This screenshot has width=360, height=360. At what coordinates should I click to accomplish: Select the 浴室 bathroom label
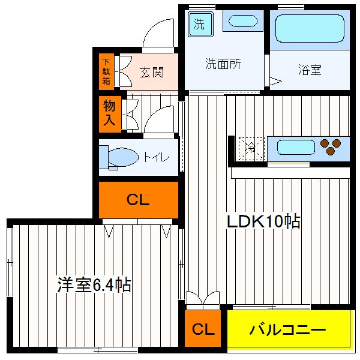point(310,70)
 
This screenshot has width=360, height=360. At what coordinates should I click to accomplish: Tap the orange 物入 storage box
point(109,112)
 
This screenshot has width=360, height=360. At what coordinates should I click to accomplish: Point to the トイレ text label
point(155,157)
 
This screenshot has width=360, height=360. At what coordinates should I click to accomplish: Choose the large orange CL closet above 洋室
point(138,200)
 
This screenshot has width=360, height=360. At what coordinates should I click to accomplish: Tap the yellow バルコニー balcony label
point(287,329)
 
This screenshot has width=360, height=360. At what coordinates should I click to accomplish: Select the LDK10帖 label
point(263,221)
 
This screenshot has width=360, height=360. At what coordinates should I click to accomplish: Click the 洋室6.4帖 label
point(94,283)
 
